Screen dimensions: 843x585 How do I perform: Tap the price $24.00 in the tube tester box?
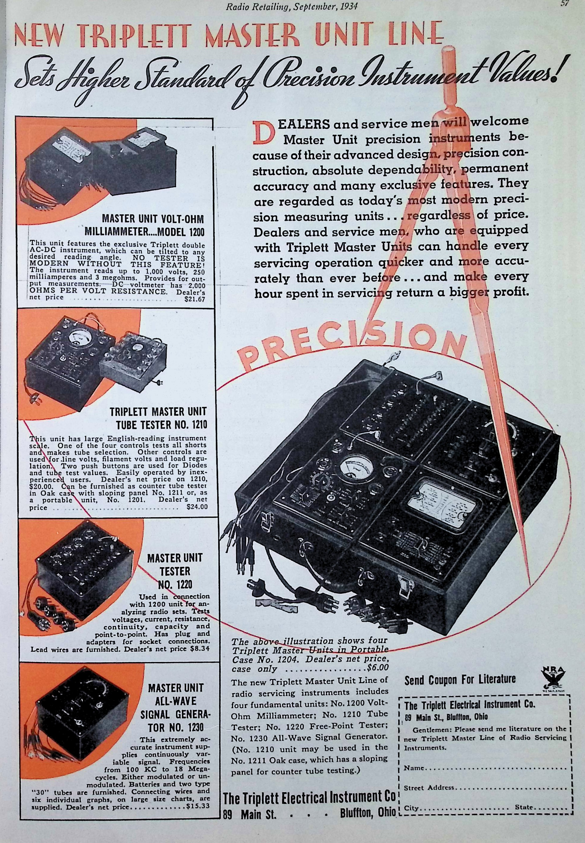pos(197,507)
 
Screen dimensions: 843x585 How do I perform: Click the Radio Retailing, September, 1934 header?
pos(291,6)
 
